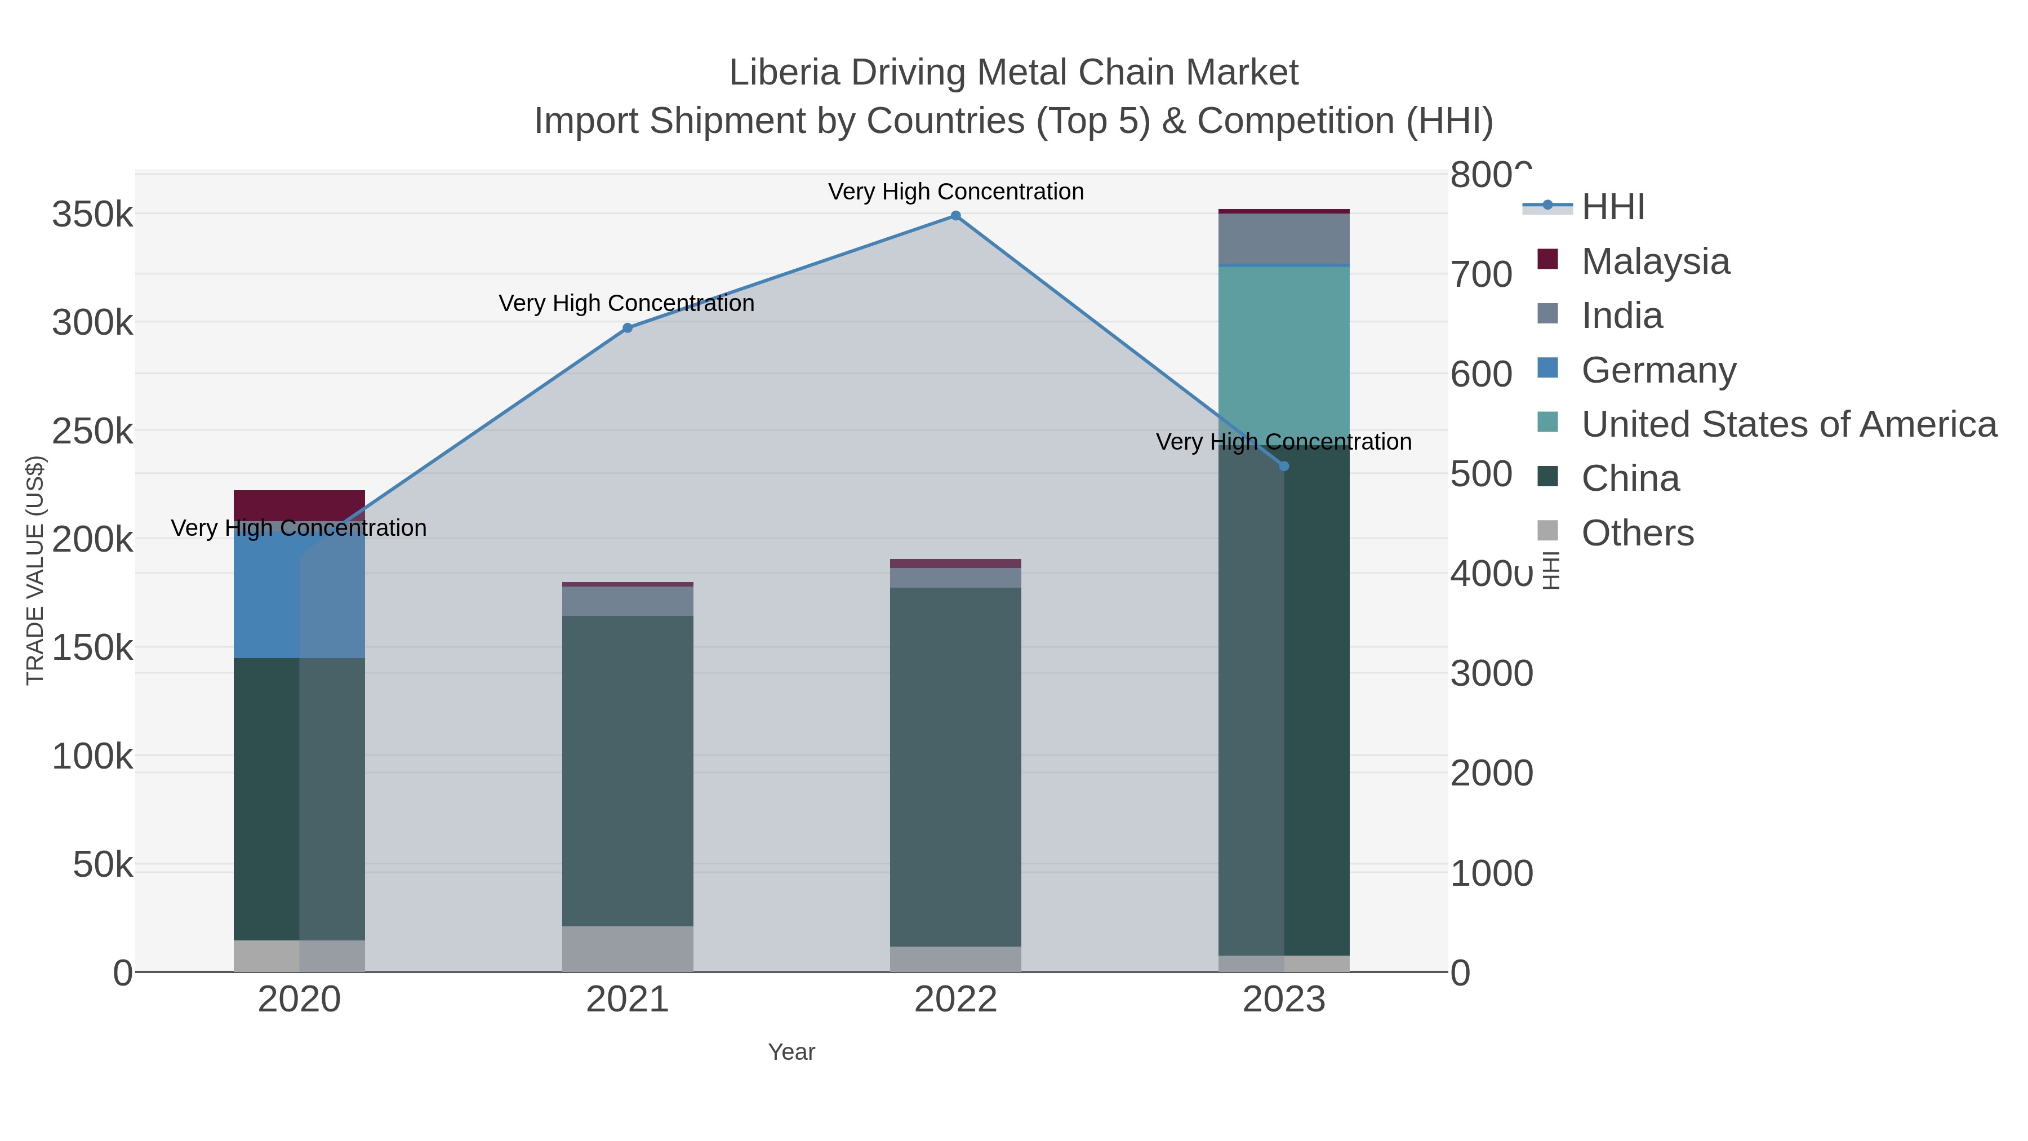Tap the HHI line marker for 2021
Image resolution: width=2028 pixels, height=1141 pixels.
click(x=628, y=328)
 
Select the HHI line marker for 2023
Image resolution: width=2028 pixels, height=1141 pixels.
click(x=1284, y=466)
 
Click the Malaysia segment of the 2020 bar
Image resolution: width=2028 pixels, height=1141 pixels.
click(x=299, y=503)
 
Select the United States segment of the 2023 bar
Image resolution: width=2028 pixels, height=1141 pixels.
click(x=1284, y=347)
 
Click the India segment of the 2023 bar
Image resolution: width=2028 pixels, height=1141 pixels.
click(x=1284, y=238)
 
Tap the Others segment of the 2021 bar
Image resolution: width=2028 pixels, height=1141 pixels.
click(x=628, y=949)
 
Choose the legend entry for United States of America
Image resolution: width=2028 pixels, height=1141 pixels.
click(x=1788, y=424)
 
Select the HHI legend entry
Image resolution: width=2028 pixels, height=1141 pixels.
click(x=1612, y=207)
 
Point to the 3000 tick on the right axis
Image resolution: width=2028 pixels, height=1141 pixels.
click(x=1491, y=673)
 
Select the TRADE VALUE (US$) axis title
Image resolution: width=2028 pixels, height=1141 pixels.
click(x=35, y=570)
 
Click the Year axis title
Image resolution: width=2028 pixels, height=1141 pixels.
click(x=791, y=1052)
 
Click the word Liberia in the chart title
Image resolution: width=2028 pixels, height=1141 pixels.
click(x=784, y=73)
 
